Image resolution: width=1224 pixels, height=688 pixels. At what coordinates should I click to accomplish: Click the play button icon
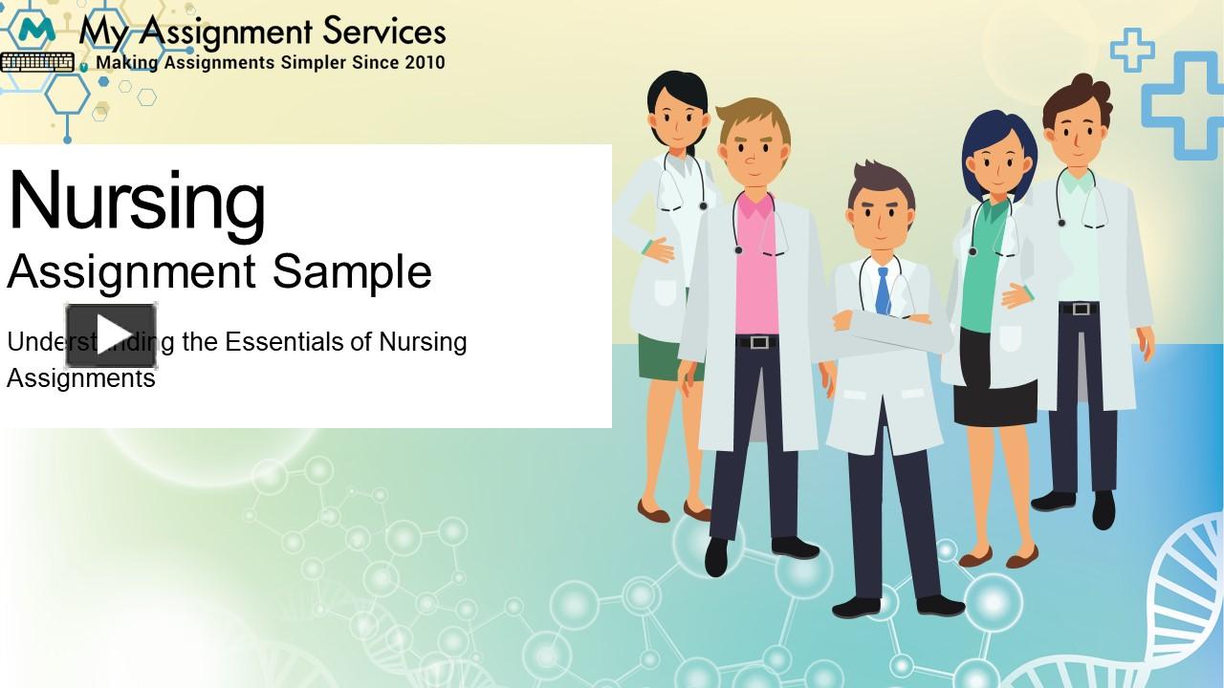click(111, 334)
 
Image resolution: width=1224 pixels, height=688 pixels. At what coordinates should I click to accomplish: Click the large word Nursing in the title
click(137, 202)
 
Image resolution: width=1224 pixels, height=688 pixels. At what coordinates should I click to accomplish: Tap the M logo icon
click(36, 31)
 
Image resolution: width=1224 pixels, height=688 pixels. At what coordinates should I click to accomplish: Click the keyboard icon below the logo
click(37, 63)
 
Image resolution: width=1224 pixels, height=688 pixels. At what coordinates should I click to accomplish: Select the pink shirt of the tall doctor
click(756, 277)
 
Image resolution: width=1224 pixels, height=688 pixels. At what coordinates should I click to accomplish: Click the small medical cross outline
click(1131, 50)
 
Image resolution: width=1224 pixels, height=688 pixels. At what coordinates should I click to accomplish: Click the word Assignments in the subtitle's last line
click(80, 378)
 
